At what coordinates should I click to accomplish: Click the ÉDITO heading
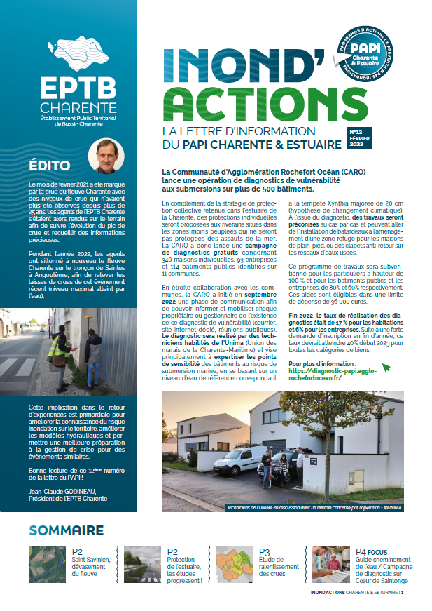point(50,166)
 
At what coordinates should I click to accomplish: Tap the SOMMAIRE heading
point(67,529)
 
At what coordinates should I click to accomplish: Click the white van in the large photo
point(238,459)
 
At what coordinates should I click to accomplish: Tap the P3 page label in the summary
point(265,552)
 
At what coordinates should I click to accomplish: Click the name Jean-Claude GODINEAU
point(62,490)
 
